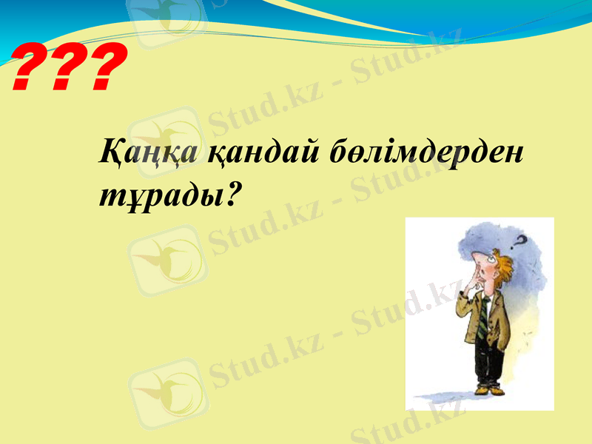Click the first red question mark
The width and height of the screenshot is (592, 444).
point(30,67)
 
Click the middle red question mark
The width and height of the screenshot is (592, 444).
point(67,67)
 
